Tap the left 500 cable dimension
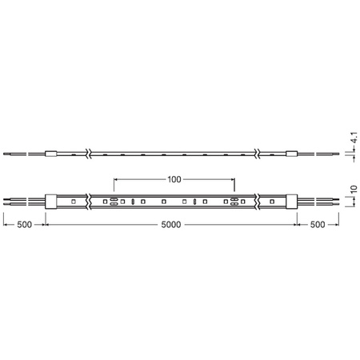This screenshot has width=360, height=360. tap(23, 226)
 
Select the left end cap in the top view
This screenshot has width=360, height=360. tap(50, 201)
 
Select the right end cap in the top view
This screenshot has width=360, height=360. tap(291, 201)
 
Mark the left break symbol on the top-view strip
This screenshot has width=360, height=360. tap(90, 201)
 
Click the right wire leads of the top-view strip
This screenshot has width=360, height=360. tap(320, 201)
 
